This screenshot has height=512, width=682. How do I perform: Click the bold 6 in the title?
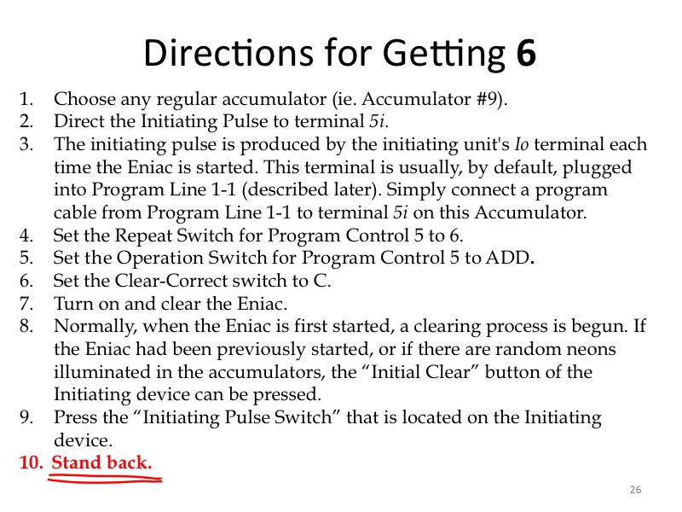click(x=526, y=52)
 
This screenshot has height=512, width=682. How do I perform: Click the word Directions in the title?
click(x=228, y=52)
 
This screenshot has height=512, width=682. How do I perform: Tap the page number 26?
click(x=635, y=489)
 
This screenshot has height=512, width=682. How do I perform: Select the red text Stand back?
click(x=101, y=462)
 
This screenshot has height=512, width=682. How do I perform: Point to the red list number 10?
click(x=31, y=463)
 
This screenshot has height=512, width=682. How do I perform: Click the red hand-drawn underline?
click(x=105, y=480)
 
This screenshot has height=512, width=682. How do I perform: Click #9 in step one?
click(x=487, y=99)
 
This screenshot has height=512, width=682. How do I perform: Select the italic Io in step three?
click(x=522, y=144)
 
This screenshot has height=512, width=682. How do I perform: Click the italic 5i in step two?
click(x=377, y=121)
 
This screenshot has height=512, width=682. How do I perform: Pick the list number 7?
click(x=26, y=304)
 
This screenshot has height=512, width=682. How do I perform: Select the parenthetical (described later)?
click(x=310, y=189)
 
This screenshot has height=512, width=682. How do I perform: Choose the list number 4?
click(x=26, y=236)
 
